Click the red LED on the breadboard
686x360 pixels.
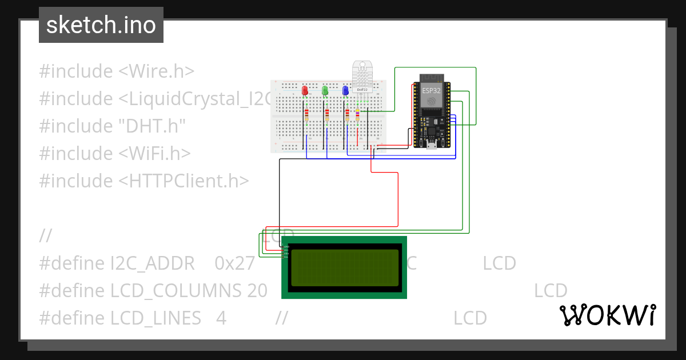tap(305, 90)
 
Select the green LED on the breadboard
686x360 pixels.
tap(325, 90)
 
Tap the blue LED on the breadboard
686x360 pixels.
tap(345, 90)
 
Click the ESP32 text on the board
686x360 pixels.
tap(432, 90)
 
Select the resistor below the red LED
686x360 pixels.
tap(306, 116)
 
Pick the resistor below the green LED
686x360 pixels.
tap(326, 116)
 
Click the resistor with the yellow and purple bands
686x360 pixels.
tap(358, 116)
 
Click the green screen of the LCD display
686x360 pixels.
tap(344, 267)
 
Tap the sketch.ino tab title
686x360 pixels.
tap(101, 25)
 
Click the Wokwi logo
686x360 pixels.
tap(607, 315)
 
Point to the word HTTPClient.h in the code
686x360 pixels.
tap(184, 181)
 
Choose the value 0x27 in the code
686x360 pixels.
tap(234, 263)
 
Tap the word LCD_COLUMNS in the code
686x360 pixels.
tap(176, 291)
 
